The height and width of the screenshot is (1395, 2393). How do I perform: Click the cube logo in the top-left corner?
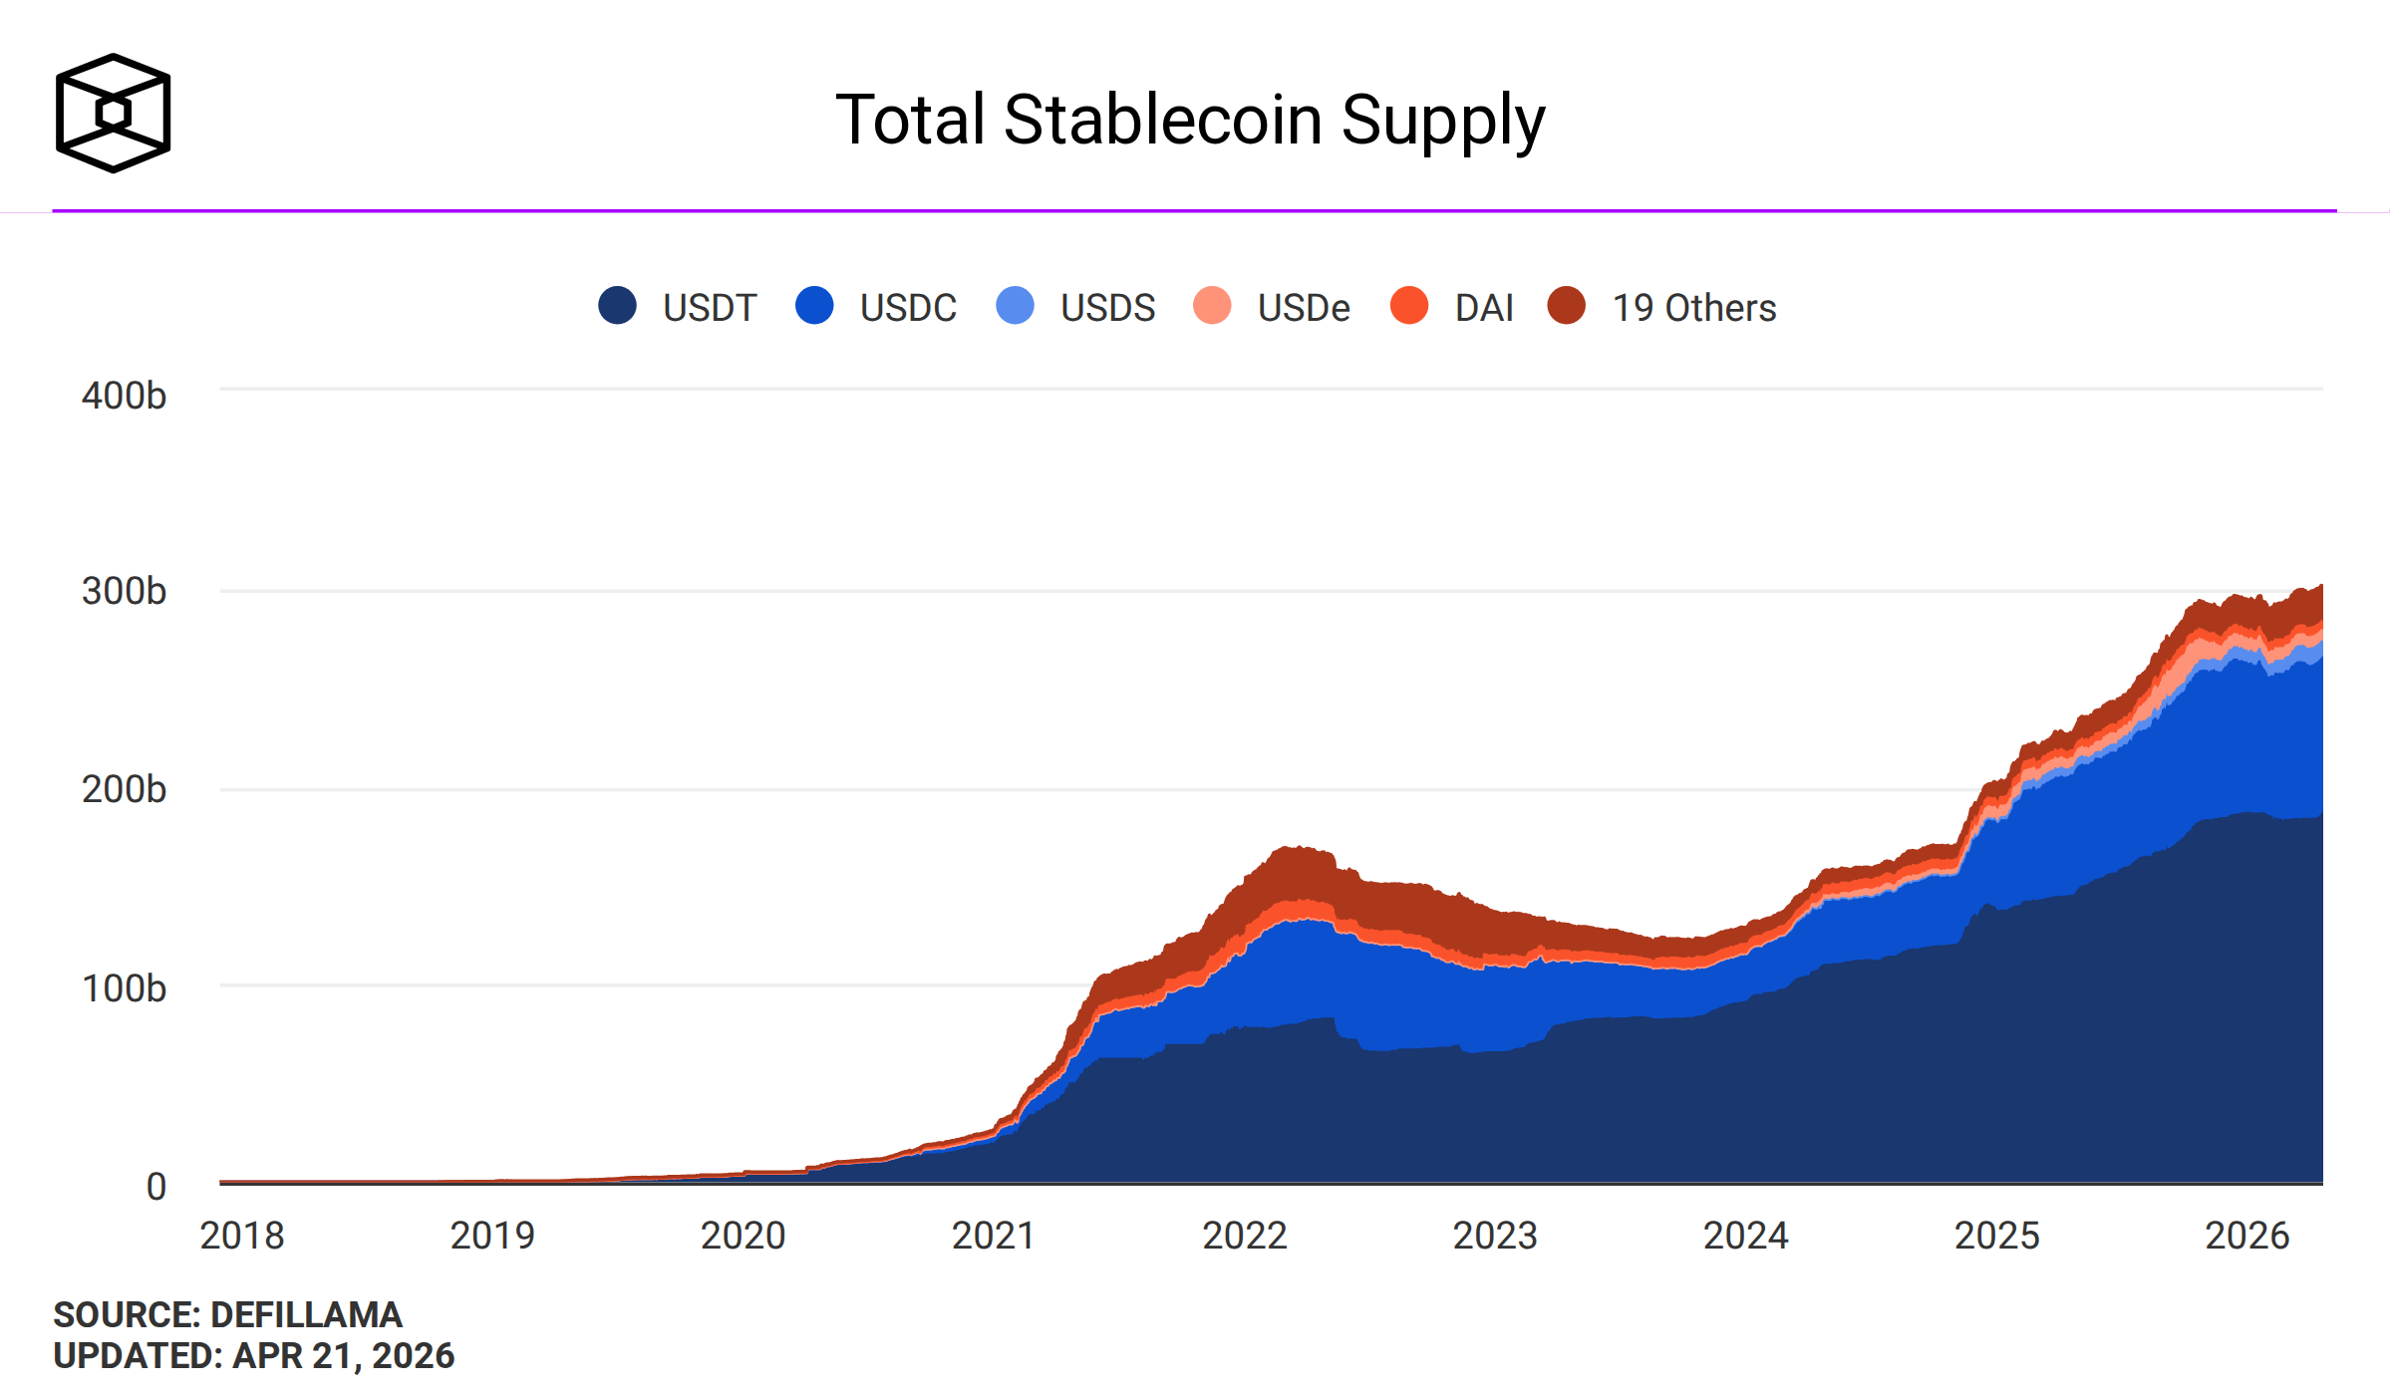(113, 113)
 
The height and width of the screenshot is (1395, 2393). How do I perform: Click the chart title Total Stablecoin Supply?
(1189, 120)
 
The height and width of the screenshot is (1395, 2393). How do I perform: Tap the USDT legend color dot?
(617, 305)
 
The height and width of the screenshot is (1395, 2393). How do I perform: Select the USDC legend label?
(907, 308)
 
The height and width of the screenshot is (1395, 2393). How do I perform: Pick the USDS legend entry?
(1106, 308)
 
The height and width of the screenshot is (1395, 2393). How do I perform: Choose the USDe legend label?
(1303, 308)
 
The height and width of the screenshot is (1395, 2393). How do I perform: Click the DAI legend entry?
(1483, 308)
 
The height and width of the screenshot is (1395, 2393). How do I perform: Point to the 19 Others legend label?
(1693, 308)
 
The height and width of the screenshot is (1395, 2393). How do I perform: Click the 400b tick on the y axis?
(124, 396)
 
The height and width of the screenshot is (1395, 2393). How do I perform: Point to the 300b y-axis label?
(124, 591)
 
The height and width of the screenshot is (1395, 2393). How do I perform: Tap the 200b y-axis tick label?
(124, 789)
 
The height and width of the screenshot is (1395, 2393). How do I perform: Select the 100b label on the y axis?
(124, 988)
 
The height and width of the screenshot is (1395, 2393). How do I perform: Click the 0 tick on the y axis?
(155, 1187)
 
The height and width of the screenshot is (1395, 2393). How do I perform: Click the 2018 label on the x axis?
(242, 1236)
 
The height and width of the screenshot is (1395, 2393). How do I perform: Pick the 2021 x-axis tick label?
(994, 1236)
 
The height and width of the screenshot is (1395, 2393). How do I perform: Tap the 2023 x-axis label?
(1495, 1236)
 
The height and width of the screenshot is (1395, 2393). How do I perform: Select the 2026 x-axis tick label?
(2246, 1236)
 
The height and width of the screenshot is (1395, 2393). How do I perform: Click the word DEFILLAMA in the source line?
(306, 1315)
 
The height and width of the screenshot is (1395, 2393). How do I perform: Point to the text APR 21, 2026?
(343, 1356)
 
